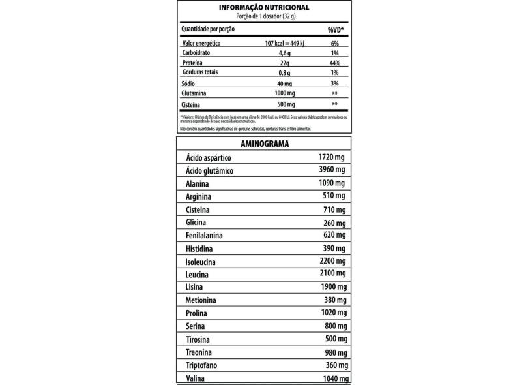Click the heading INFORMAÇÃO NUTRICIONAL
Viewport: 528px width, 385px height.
264,7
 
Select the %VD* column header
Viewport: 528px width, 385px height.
335,29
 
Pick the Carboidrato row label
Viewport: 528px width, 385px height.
197,52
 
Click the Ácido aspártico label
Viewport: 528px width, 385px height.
209,159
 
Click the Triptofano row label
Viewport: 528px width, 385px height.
203,366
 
